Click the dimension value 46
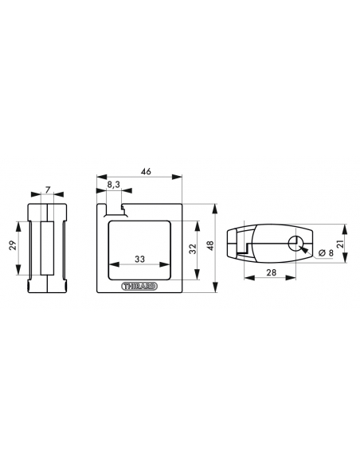(x=146, y=171)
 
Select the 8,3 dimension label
(x=114, y=185)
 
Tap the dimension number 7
(x=48, y=190)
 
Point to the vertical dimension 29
(x=13, y=245)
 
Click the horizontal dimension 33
(x=139, y=259)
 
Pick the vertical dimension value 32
(x=192, y=248)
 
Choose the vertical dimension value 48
(x=210, y=245)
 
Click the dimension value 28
(x=271, y=272)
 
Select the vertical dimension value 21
(x=340, y=244)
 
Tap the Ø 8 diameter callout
(x=326, y=252)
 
